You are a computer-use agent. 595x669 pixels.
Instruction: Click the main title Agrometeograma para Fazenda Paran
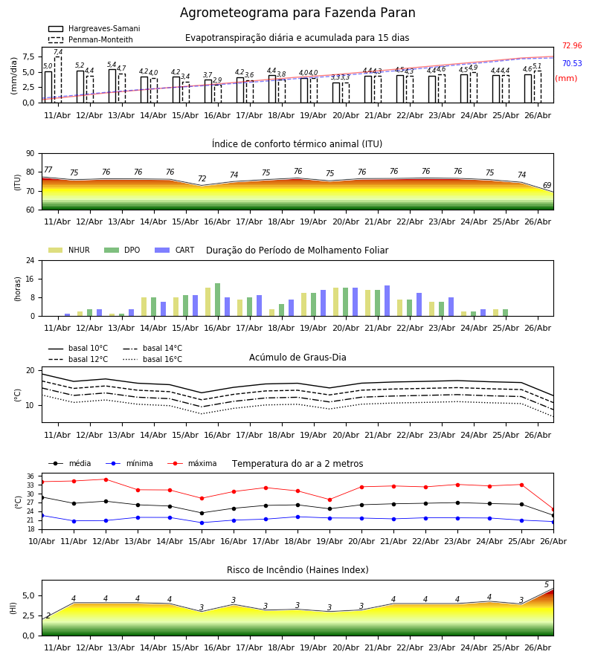[297, 13]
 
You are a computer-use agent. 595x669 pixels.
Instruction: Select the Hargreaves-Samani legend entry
[94, 28]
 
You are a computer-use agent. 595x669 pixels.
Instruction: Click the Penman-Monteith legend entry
[91, 39]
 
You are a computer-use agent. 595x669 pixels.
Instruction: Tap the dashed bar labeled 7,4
[58, 80]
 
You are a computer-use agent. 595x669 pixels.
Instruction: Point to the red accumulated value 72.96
[572, 45]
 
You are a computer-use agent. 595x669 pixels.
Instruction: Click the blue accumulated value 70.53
[572, 64]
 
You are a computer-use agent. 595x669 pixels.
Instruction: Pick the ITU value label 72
[202, 178]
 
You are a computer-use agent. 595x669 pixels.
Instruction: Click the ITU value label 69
[547, 185]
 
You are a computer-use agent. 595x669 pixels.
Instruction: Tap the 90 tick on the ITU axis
[30, 154]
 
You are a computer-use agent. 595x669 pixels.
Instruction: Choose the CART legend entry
[175, 250]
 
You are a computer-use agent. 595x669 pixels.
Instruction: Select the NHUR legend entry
[69, 250]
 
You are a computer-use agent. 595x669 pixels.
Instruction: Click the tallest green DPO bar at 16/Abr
[218, 300]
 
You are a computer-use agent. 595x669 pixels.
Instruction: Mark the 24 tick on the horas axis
[30, 260]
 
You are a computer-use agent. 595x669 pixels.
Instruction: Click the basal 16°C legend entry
[152, 359]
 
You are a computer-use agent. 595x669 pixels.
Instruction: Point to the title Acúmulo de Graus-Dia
[297, 358]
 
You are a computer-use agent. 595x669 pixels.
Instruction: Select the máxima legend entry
[192, 463]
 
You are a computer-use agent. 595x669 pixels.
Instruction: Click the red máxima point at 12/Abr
[106, 479]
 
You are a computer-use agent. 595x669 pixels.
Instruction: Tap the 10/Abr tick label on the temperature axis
[42, 541]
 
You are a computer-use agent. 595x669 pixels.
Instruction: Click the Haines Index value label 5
[547, 584]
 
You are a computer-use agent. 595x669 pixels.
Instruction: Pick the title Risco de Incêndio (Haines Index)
[297, 570]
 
